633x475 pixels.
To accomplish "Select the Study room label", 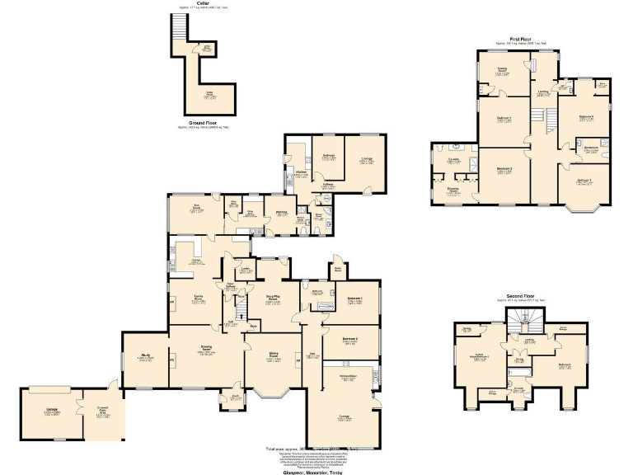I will click(x=145, y=357).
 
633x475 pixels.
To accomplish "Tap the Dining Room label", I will click(x=274, y=358).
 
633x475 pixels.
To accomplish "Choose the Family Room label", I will click(x=199, y=299).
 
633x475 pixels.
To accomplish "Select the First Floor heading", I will click(x=518, y=39).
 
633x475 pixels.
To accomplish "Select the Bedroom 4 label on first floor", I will click(x=586, y=117).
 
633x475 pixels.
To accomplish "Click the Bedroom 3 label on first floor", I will click(x=504, y=170).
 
